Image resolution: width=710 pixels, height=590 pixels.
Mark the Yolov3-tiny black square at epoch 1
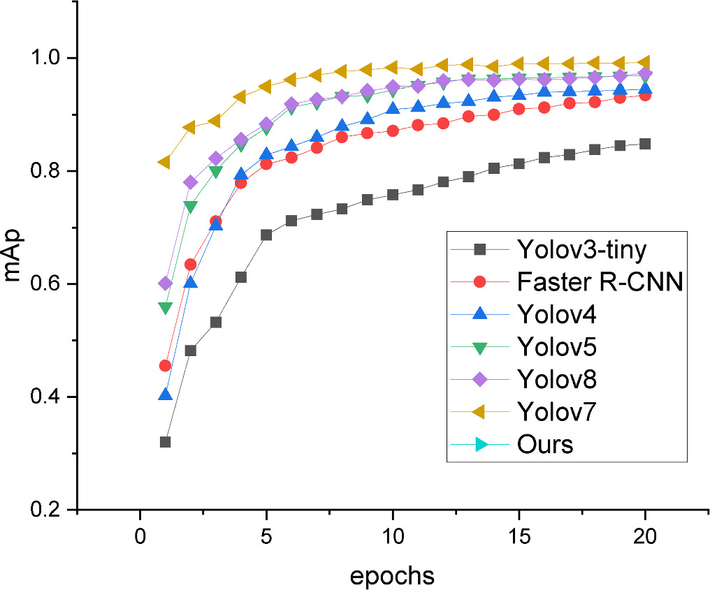[x=166, y=442]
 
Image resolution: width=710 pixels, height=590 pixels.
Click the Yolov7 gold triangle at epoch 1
[x=165, y=162]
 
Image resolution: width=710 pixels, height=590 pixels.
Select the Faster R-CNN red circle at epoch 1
[x=166, y=365]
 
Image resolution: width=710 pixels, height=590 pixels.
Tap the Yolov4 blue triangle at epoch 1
[x=166, y=394]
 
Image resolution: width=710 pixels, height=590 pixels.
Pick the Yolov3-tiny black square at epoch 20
[x=645, y=144]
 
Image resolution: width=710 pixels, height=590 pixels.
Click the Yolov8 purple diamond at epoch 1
[x=166, y=283]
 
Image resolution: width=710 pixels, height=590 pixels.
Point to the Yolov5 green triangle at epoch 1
[x=166, y=308]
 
